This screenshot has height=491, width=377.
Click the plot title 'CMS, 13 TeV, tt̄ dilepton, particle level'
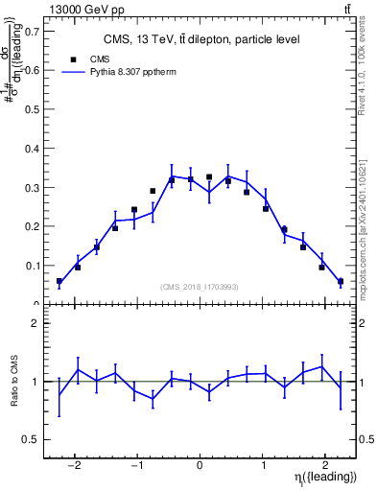point(201,39)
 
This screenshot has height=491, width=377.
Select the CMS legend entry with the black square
point(86,58)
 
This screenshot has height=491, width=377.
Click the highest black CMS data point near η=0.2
point(209,177)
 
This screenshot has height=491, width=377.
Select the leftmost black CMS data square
point(59,281)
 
